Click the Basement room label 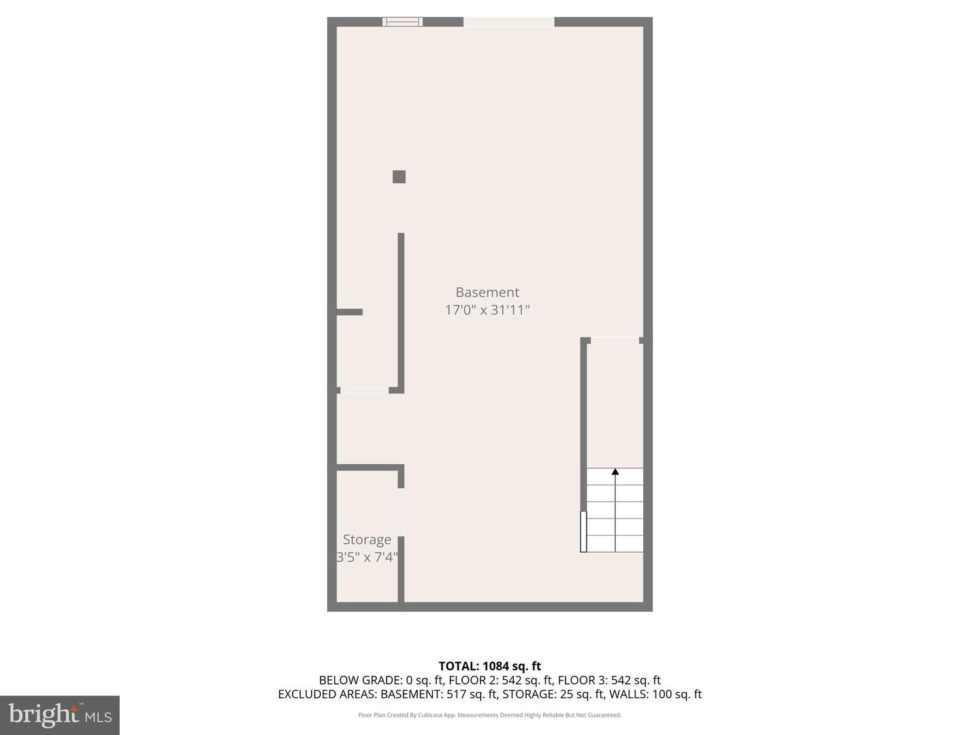487,292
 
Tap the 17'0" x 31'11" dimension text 487,310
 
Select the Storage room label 367,540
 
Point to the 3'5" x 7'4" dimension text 367,557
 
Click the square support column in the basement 399,177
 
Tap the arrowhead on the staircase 615,471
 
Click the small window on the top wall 402,22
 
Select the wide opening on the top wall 509,22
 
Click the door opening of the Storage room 402,512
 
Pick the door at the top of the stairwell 615,340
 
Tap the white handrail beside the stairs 583,532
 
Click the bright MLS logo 60,715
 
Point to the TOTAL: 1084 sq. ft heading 490,666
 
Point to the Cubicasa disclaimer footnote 490,715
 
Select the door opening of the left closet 364,391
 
